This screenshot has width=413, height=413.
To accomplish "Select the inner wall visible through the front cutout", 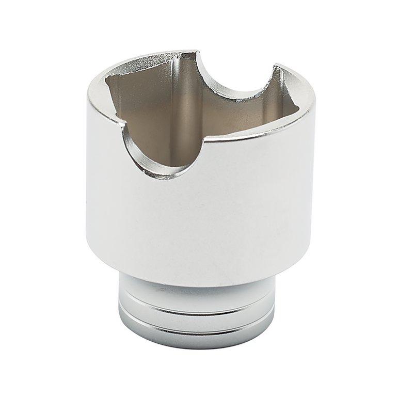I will click(170, 139).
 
